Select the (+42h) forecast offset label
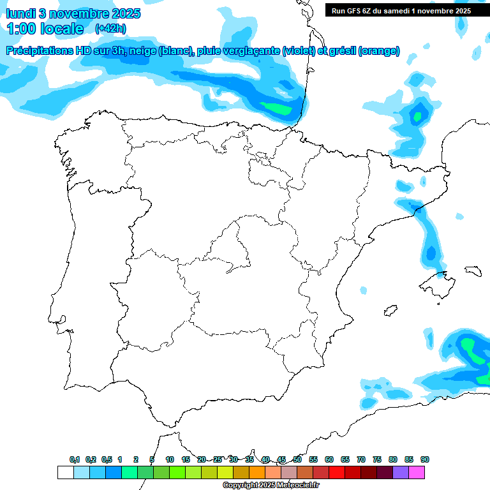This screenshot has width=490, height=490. (x=110, y=29)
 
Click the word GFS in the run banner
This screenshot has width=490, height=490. (x=357, y=10)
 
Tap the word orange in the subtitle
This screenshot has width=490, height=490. (x=378, y=51)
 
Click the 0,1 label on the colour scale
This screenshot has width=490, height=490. (x=75, y=459)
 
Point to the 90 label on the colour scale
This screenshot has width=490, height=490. (x=425, y=459)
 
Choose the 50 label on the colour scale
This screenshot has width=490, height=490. (x=297, y=459)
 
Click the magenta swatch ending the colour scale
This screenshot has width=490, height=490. (x=417, y=472)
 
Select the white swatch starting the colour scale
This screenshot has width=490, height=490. (x=65, y=472)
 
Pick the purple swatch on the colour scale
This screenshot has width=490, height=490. (x=401, y=472)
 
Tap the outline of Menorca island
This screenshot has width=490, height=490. (x=473, y=271)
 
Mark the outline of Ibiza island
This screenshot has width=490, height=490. (x=389, y=311)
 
